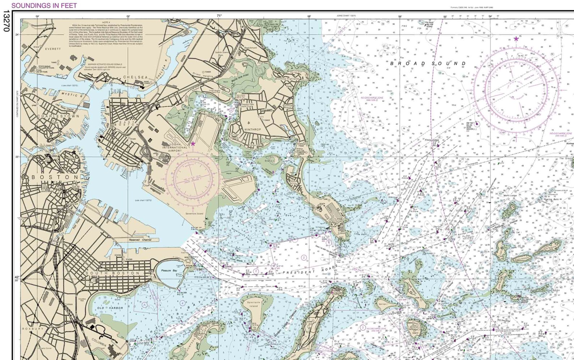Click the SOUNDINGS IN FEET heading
44,5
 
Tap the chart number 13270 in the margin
6,21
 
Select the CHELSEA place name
136,77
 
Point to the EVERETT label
53,49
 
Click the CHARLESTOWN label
58,116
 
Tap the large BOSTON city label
55,177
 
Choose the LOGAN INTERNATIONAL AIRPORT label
175,147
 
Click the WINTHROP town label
252,129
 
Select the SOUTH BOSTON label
112,273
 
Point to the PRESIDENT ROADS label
310,270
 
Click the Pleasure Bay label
169,270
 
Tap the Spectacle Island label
253,304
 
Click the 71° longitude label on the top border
219,16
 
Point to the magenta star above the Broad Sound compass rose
516,39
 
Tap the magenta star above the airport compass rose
193,143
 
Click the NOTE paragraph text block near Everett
106,35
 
